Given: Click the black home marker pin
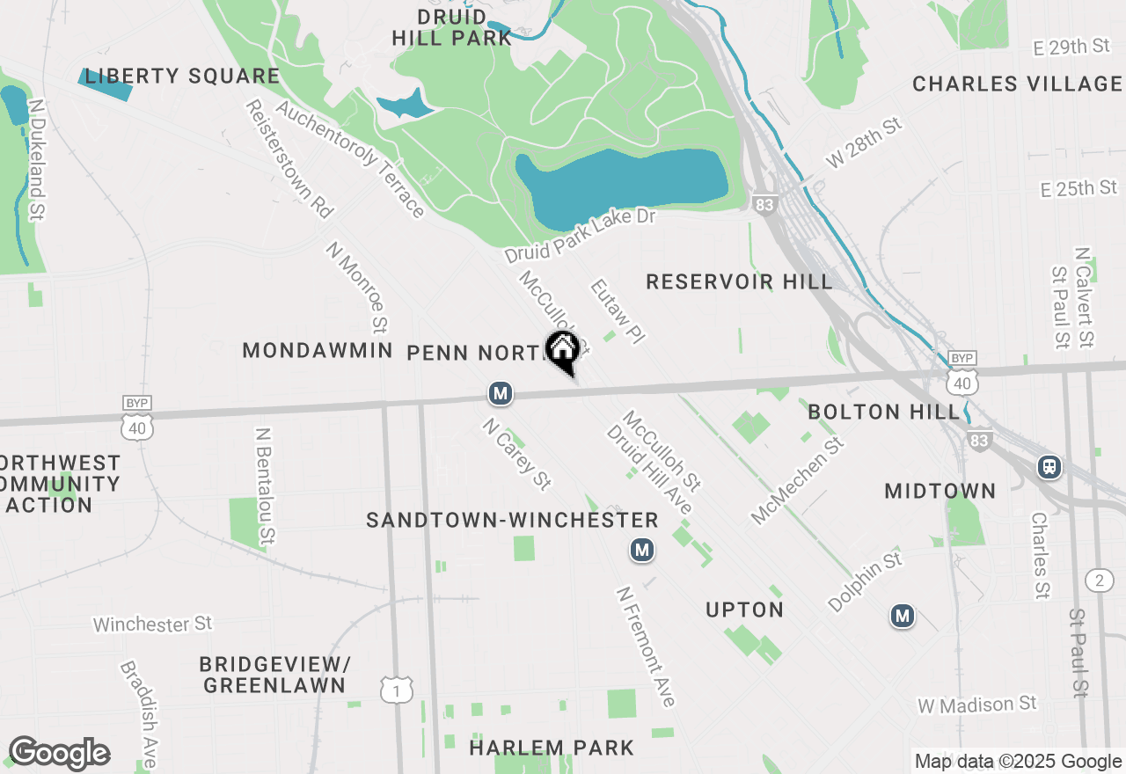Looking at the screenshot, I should [x=562, y=352].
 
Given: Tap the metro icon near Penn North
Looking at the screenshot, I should [x=501, y=393].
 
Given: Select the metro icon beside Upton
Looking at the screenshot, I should [x=643, y=551].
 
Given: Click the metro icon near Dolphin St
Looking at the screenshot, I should [x=902, y=617].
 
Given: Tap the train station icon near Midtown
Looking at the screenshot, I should [x=1049, y=466].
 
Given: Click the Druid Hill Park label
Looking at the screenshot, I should [x=451, y=27].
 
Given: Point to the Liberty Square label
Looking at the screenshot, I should [x=182, y=77].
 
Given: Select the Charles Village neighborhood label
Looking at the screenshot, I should [x=1017, y=84].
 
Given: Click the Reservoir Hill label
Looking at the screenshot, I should [x=739, y=281].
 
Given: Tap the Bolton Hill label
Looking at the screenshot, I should [x=883, y=412].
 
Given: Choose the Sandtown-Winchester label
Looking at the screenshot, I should [x=512, y=521].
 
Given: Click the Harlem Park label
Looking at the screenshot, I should [x=552, y=748].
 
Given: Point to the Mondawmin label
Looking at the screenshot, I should [x=317, y=351].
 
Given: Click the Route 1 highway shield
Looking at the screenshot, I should [x=397, y=690].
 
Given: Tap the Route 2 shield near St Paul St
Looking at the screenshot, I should [x=1099, y=580].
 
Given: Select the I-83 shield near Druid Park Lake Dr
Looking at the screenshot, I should [x=764, y=205].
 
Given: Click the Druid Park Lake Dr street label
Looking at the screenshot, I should [x=581, y=236].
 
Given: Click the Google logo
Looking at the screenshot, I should [x=59, y=754].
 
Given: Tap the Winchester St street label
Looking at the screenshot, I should [x=152, y=624].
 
